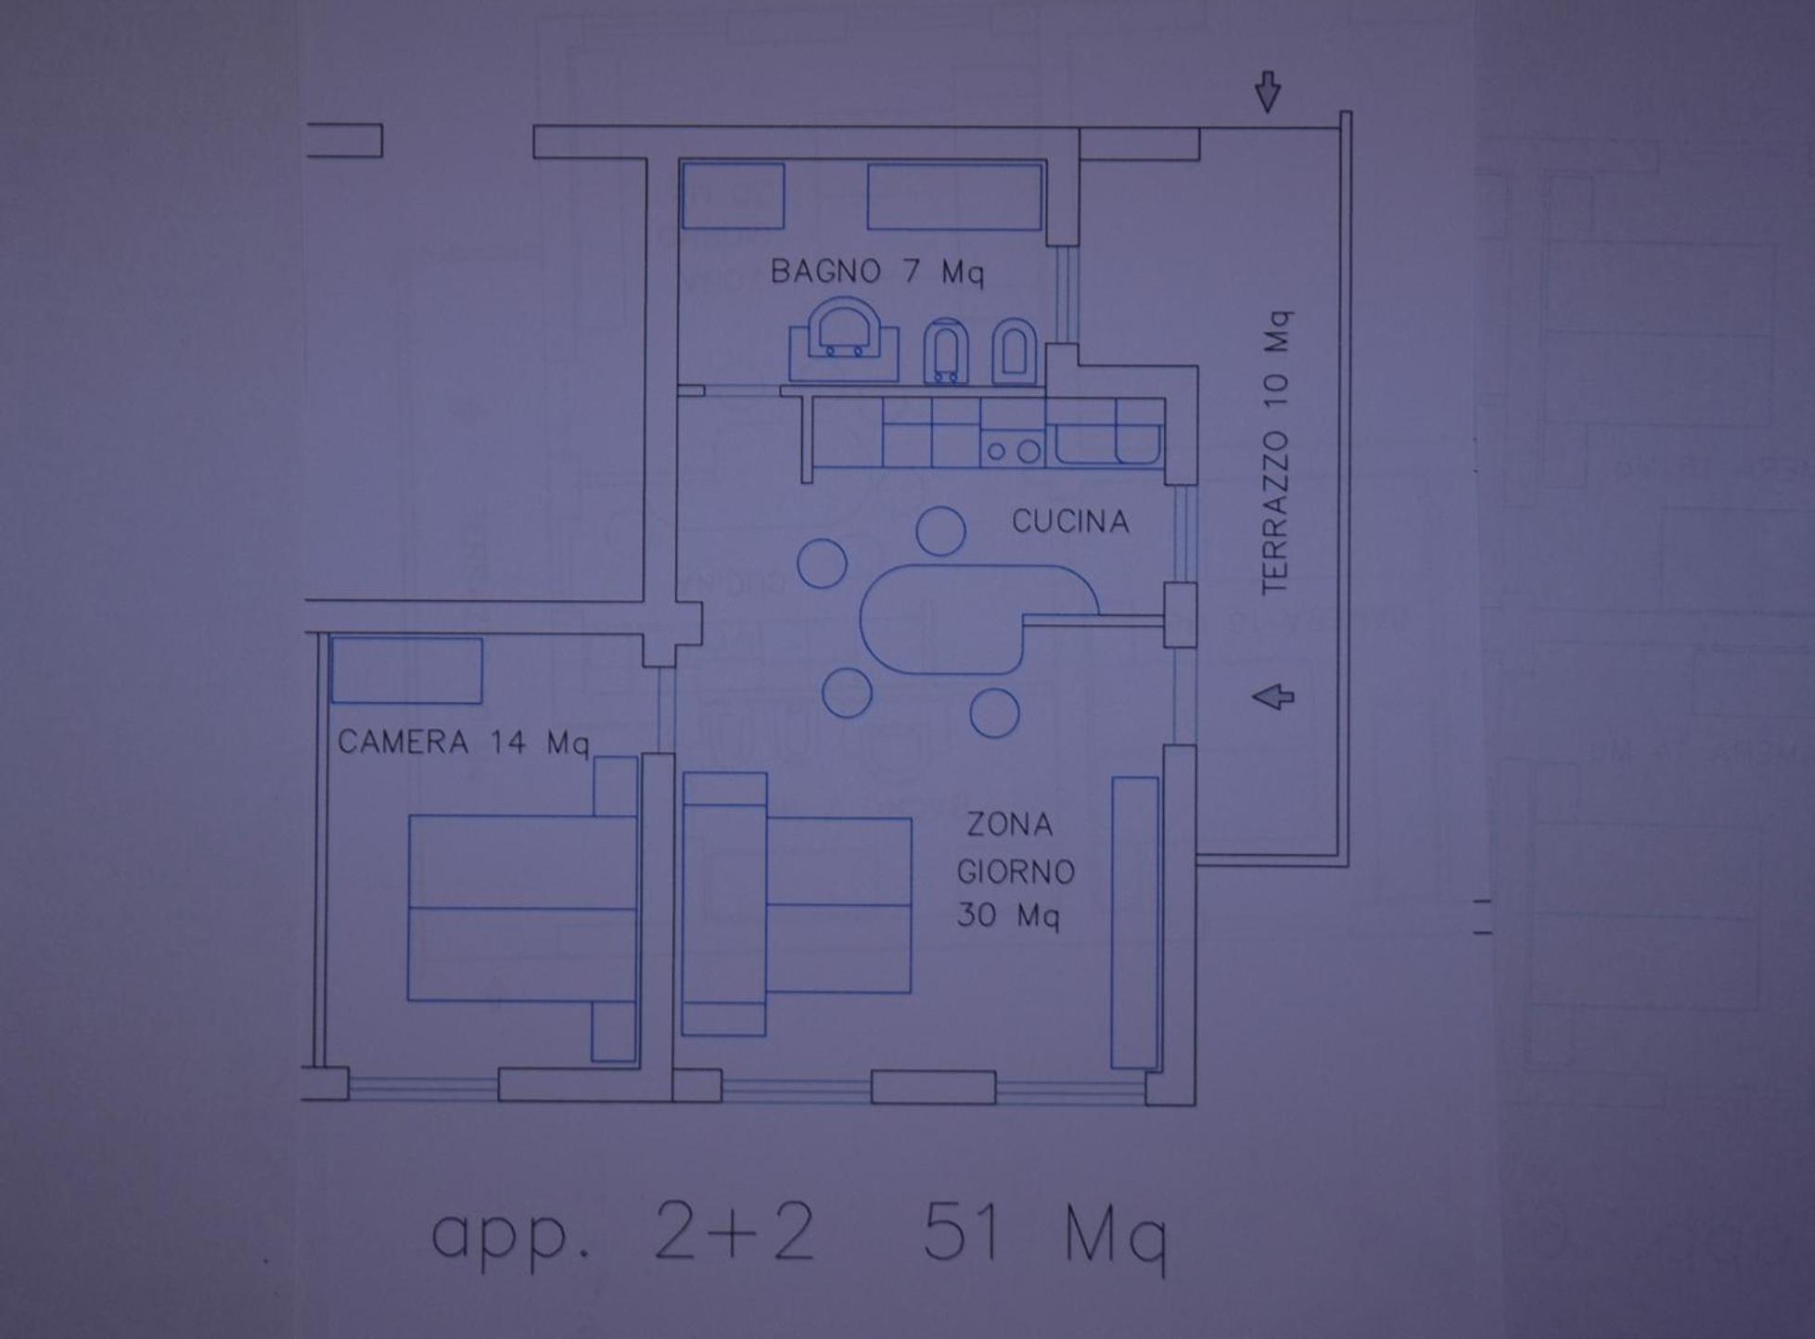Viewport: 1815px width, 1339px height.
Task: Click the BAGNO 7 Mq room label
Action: pyautogui.click(x=876, y=273)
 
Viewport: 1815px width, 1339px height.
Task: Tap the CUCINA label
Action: pyautogui.click(x=1070, y=522)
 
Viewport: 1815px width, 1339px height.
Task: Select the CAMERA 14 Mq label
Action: pyautogui.click(x=463, y=743)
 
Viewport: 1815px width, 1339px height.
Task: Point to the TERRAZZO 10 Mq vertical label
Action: pyautogui.click(x=1275, y=453)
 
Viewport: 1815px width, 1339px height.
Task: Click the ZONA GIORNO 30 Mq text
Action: pyautogui.click(x=1015, y=871)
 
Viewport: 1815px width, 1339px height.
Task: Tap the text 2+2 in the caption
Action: pyautogui.click(x=734, y=1231)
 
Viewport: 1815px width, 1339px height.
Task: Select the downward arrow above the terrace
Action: pyautogui.click(x=1268, y=92)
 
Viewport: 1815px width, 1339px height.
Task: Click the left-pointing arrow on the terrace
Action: pyautogui.click(x=1272, y=697)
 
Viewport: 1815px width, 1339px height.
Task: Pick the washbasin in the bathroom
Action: pyautogui.click(x=843, y=339)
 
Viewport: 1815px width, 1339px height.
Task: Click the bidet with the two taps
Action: pyautogui.click(x=946, y=351)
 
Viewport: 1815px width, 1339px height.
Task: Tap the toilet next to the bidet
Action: pyautogui.click(x=1014, y=351)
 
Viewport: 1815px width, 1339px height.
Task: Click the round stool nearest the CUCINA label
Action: pyautogui.click(x=940, y=531)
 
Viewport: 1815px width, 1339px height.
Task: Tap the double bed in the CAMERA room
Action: pyautogui.click(x=522, y=909)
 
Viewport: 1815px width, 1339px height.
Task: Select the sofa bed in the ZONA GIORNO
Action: pyautogui.click(x=797, y=904)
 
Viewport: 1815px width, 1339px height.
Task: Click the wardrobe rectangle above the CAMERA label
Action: pyautogui.click(x=406, y=669)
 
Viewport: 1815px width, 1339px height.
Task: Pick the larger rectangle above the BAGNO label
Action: pyautogui.click(x=954, y=197)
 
